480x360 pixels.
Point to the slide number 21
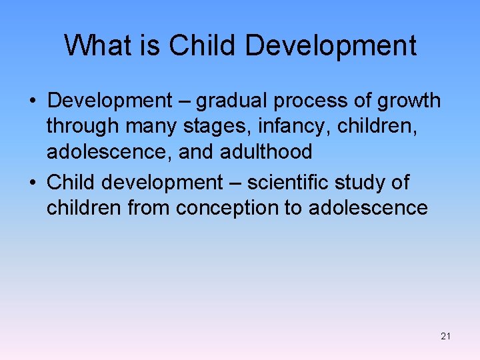coord(445,336)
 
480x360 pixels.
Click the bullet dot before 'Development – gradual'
coord(32,101)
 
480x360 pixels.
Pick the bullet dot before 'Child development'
coord(32,183)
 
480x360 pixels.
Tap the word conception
coord(227,208)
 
